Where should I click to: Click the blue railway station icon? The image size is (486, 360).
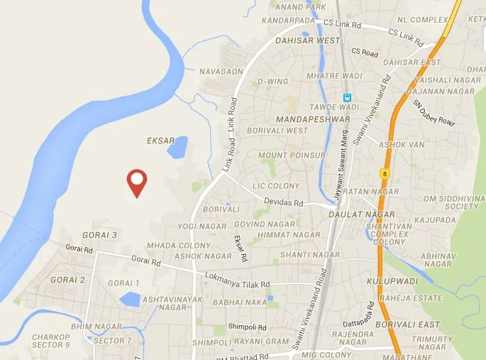point(347,98)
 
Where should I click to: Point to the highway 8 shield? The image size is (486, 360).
point(384,173)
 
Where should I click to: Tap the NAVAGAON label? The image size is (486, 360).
point(221,72)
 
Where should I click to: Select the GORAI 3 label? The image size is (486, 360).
point(99,234)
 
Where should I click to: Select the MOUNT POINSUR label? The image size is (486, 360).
point(292,155)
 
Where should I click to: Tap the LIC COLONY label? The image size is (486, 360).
point(277,186)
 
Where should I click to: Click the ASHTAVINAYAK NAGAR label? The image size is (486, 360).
point(164,303)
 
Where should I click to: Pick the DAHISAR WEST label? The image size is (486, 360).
point(312,40)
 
